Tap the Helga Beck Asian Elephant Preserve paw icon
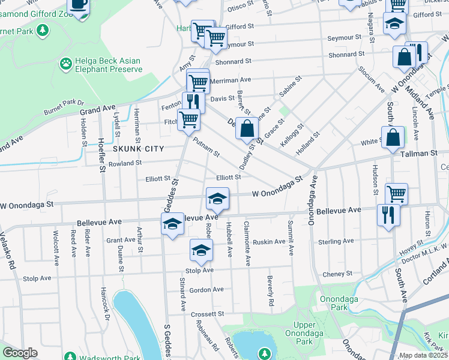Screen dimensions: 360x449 (x=65, y=62)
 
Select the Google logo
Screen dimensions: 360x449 (x=20, y=353)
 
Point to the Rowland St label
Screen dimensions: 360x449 (x=125, y=163)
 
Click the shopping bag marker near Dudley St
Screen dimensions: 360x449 (x=247, y=128)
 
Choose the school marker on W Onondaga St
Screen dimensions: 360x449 (x=217, y=198)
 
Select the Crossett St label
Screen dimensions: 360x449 (x=207, y=313)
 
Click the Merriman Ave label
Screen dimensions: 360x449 (x=232, y=79)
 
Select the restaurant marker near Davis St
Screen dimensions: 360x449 (x=193, y=101)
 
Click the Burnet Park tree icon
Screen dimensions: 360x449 (x=42, y=29)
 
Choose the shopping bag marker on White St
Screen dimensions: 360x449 (x=393, y=137)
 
